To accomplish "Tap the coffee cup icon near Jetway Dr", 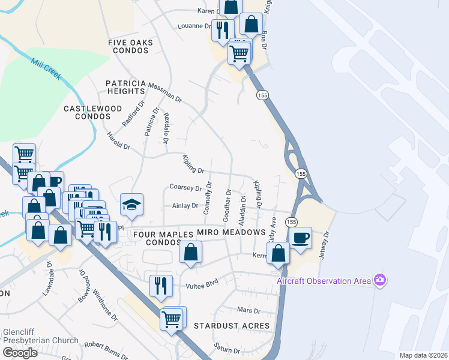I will point(300,237).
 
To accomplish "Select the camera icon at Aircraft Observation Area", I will point(379,280).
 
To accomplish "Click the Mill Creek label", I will point(46,70).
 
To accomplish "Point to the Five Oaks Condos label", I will point(131,46).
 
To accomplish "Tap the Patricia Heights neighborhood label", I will point(125,87).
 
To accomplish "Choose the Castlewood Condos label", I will point(93,112).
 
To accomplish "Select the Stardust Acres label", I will point(232,326).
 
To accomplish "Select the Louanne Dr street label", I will point(195,26).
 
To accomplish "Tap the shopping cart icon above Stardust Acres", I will point(172,319).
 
